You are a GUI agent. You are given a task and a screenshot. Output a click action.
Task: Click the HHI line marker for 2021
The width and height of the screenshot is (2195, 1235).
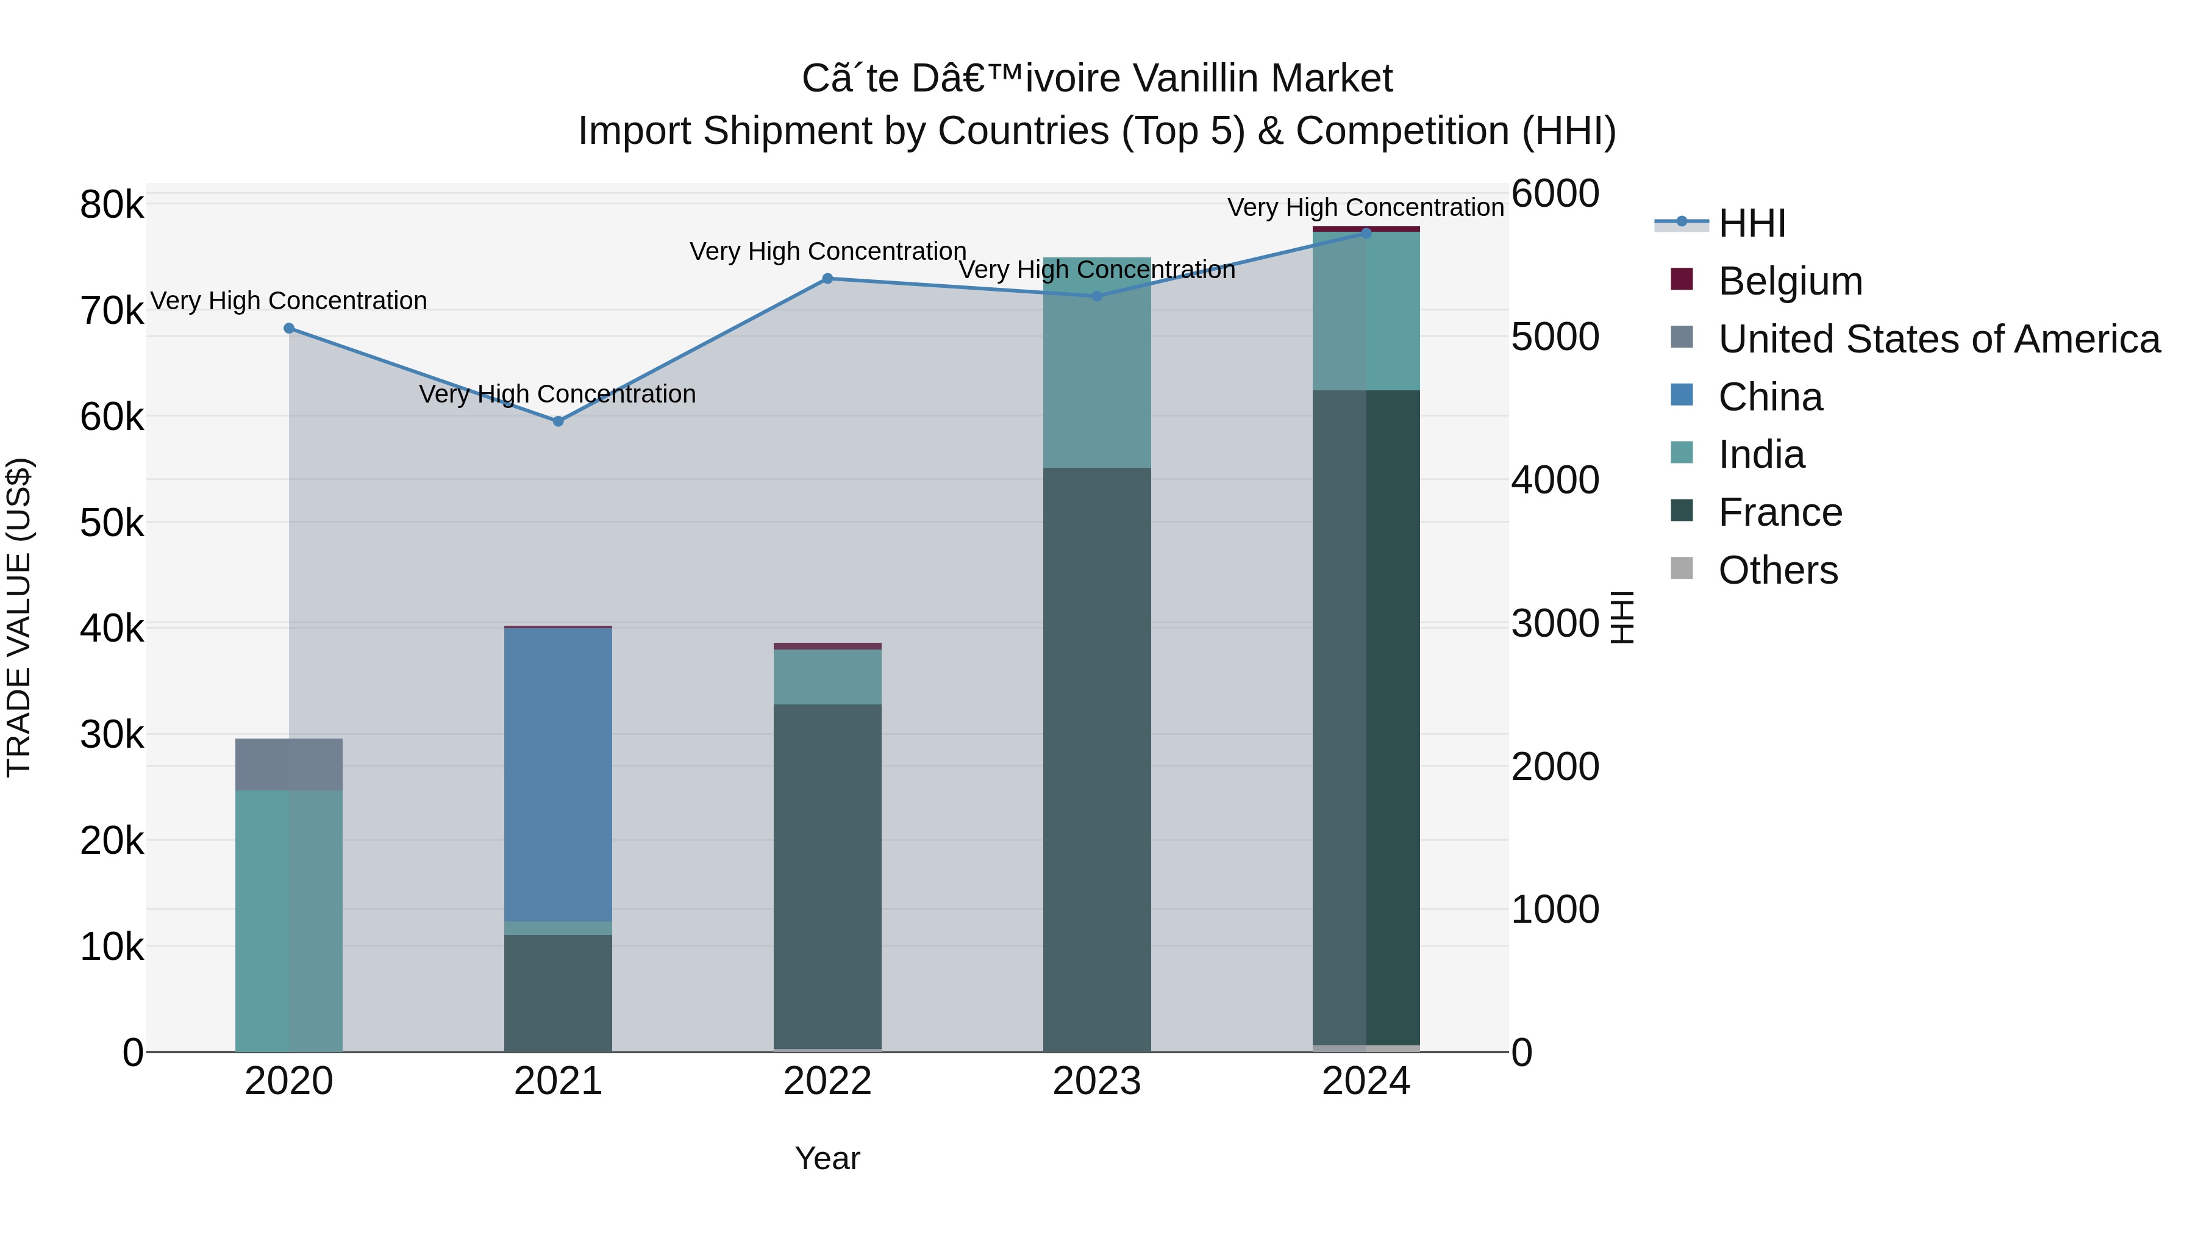tap(558, 421)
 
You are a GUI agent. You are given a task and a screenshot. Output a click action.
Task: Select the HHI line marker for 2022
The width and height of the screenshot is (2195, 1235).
tap(827, 279)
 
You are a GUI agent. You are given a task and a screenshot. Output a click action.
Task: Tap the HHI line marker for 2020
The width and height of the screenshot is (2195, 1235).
tap(289, 328)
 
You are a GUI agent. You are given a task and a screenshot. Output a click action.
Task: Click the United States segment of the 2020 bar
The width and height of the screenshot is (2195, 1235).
tap(289, 765)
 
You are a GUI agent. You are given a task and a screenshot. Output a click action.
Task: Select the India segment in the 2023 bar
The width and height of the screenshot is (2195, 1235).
tap(1097, 362)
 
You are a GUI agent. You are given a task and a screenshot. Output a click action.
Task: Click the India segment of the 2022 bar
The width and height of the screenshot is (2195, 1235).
tap(827, 677)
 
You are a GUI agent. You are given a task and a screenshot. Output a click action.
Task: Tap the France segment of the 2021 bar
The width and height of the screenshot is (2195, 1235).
tap(558, 993)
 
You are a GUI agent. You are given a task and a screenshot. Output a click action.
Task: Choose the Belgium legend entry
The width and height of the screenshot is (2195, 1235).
tap(1790, 281)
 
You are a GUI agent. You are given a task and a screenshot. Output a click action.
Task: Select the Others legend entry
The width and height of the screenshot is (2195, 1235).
tap(1777, 570)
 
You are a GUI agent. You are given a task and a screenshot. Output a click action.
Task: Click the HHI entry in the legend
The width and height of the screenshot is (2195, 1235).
tap(1751, 223)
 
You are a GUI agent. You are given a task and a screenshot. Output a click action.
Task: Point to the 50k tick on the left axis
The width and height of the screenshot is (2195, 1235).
tap(112, 523)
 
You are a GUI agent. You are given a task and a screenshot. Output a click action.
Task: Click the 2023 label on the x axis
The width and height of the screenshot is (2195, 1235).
tap(1097, 1081)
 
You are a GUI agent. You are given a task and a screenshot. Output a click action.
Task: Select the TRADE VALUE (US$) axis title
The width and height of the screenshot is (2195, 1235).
tap(19, 617)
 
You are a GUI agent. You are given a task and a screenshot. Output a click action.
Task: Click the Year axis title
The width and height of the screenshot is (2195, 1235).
tap(827, 1158)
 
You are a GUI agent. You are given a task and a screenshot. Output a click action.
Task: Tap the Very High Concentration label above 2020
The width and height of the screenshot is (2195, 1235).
tap(289, 301)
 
